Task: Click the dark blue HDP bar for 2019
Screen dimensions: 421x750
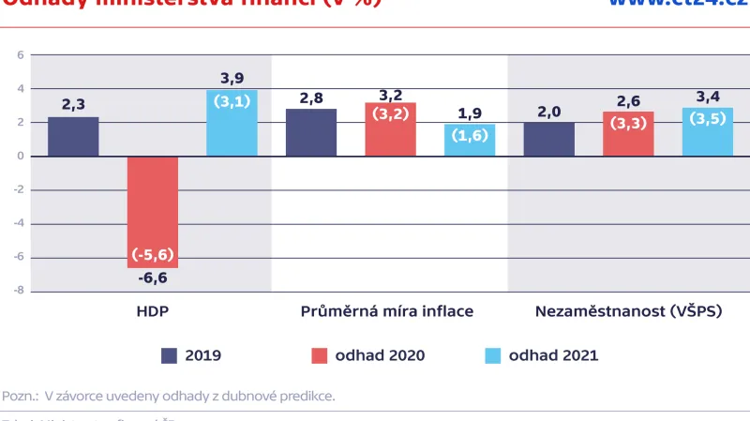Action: click(x=73, y=137)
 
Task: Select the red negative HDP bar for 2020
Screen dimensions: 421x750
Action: click(x=153, y=211)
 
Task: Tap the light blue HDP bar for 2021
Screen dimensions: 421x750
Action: click(x=232, y=124)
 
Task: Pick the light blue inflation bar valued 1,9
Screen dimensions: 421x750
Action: click(x=470, y=141)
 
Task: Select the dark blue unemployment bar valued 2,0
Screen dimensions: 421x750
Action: click(x=549, y=140)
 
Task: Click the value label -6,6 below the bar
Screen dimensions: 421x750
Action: click(x=153, y=278)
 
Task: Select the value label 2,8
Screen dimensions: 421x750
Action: click(x=311, y=98)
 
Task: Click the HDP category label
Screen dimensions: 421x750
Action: click(x=153, y=311)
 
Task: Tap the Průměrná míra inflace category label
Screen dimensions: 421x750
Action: click(x=386, y=311)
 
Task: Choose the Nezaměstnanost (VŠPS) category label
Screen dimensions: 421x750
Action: click(x=628, y=311)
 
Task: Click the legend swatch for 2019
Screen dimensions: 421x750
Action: click(x=170, y=355)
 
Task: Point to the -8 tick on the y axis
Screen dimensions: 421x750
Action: click(x=19, y=292)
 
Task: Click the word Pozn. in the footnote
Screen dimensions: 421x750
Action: click(x=20, y=396)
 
